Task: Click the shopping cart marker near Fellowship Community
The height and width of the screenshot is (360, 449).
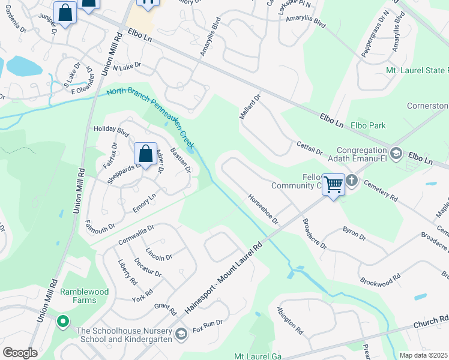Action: point(333,184)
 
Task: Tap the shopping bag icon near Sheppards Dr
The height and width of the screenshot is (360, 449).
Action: point(145,154)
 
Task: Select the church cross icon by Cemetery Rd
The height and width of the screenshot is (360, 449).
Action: point(352,180)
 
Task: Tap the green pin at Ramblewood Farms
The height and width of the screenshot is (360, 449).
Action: point(62,321)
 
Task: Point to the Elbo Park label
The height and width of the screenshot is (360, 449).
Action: point(369,126)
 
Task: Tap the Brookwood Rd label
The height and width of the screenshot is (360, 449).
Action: point(380,280)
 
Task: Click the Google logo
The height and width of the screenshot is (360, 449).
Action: point(20,352)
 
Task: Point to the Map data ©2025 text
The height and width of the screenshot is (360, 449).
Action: point(423,355)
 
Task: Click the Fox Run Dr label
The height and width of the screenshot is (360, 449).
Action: point(208,326)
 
